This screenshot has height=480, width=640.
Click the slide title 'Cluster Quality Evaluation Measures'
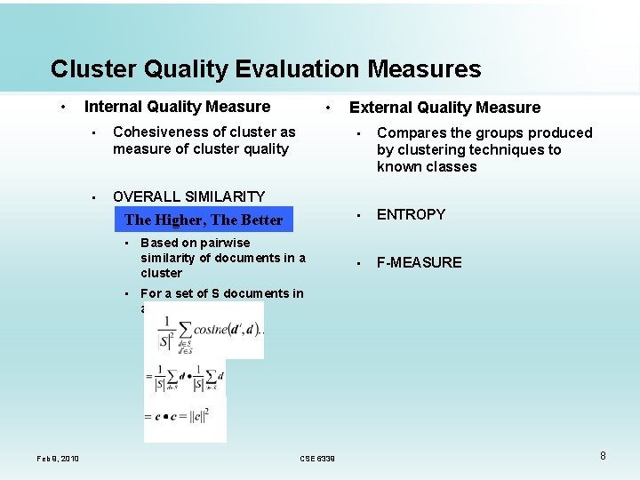266,69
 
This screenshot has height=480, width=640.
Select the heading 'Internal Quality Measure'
177,107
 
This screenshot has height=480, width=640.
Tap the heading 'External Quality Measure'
444,108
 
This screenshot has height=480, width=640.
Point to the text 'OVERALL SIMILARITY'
188,196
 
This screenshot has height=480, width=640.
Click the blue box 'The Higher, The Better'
204,220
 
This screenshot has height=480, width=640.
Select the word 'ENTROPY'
411,214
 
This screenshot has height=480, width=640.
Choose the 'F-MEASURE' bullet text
419,262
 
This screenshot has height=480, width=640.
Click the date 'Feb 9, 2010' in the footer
58,459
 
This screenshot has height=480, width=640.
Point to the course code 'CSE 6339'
317,459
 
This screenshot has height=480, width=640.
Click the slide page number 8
603,456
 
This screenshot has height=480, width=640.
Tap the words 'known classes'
427,167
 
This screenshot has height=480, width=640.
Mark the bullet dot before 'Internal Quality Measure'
62,107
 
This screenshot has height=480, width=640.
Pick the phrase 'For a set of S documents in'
221,293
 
